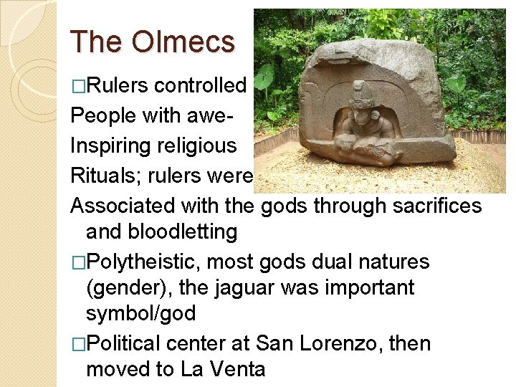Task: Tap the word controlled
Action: (x=200, y=85)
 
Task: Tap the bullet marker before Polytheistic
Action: (x=77, y=262)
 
